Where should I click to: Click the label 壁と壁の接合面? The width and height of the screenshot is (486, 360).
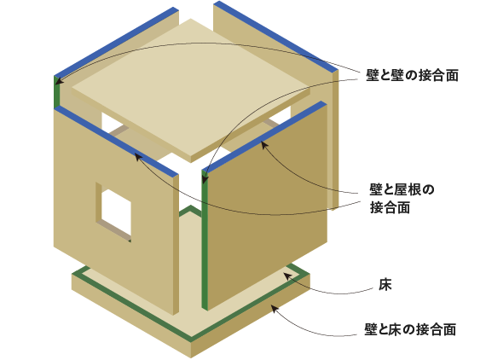tap(412, 75)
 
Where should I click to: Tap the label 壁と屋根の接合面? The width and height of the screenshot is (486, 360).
tap(402, 199)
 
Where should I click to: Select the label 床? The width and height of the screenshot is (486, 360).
tap(385, 284)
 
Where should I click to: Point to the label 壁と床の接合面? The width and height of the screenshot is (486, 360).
tap(410, 329)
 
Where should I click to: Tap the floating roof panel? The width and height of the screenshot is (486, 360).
tap(191, 89)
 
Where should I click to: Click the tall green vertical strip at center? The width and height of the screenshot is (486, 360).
tap(205, 240)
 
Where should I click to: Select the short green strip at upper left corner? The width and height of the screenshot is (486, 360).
tap(57, 92)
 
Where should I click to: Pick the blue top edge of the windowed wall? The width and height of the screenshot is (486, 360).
tap(117, 141)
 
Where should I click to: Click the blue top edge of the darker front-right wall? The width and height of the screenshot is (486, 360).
tap(265, 136)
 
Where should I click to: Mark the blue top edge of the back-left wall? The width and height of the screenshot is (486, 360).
tap(117, 42)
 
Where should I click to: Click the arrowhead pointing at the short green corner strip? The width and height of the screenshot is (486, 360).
tap(59, 81)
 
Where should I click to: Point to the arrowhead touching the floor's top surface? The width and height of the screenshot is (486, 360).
tap(287, 276)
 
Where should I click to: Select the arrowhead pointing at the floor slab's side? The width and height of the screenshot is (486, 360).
tap(275, 308)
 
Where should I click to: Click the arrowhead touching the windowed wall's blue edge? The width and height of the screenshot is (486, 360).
tap(138, 157)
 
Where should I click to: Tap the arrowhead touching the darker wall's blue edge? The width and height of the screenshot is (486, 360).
tap(263, 144)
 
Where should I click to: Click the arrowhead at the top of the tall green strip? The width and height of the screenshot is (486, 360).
tap(205, 179)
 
